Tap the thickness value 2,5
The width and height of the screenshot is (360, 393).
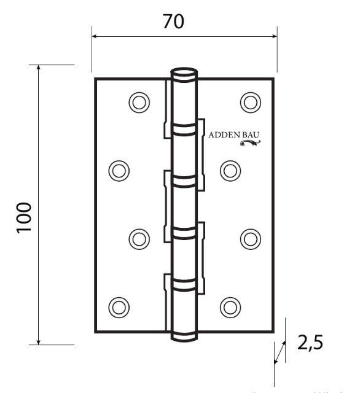pyautogui.click(x=310, y=343)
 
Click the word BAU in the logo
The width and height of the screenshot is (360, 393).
pyautogui.click(x=252, y=135)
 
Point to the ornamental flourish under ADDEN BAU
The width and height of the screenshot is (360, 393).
pyautogui.click(x=250, y=144)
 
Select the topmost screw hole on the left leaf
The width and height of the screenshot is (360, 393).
pyautogui.click(x=139, y=102)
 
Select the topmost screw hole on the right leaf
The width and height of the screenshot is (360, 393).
pyautogui.click(x=249, y=102)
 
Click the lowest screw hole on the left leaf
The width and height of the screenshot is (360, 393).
pyautogui.click(x=118, y=305)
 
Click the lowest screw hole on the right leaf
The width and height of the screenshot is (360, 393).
pyautogui.click(x=229, y=305)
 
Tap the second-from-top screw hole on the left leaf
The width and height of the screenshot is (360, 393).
pyautogui.click(x=118, y=169)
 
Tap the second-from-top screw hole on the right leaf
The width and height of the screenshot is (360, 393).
pyautogui.click(x=229, y=169)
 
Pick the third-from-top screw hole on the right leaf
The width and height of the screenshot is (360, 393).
pyautogui.click(x=249, y=237)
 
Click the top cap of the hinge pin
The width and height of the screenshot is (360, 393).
pyautogui.click(x=184, y=72)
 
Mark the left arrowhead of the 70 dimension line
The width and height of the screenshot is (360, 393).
pyautogui.click(x=95, y=36)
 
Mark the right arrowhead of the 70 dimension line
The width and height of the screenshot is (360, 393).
pyautogui.click(x=274, y=36)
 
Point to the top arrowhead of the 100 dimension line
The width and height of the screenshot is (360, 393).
pyautogui.click(x=39, y=68)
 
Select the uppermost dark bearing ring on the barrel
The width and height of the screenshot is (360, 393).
pyautogui.click(x=184, y=130)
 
